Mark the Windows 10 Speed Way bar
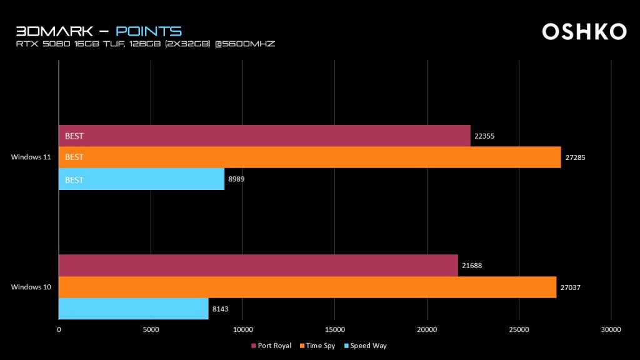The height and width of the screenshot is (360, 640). (x=134, y=309)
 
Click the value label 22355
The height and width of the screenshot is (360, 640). (x=484, y=136)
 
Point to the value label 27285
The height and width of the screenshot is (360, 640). (x=575, y=157)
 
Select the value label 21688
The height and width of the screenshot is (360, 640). (x=472, y=266)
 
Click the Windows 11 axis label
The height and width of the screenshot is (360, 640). (x=31, y=157)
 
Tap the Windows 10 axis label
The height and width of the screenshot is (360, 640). (x=31, y=287)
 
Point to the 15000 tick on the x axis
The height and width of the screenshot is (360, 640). (x=334, y=329)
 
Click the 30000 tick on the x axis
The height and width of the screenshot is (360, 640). (x=611, y=329)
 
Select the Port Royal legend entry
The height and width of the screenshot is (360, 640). (x=271, y=346)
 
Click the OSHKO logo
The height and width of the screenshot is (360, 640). (x=584, y=32)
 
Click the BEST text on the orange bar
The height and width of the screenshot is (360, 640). (x=74, y=157)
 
